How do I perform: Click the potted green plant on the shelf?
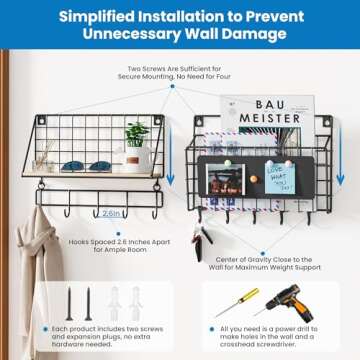(x=137, y=133)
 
